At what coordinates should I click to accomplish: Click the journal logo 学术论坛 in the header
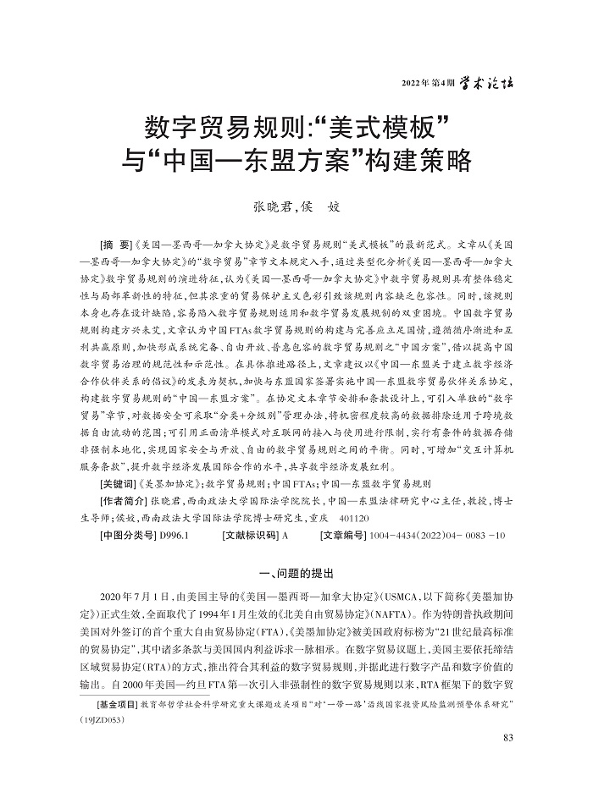click(x=489, y=83)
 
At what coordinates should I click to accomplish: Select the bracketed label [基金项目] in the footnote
click(x=119, y=704)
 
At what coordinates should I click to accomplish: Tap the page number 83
click(x=507, y=739)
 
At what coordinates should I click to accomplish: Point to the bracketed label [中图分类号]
click(x=126, y=535)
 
